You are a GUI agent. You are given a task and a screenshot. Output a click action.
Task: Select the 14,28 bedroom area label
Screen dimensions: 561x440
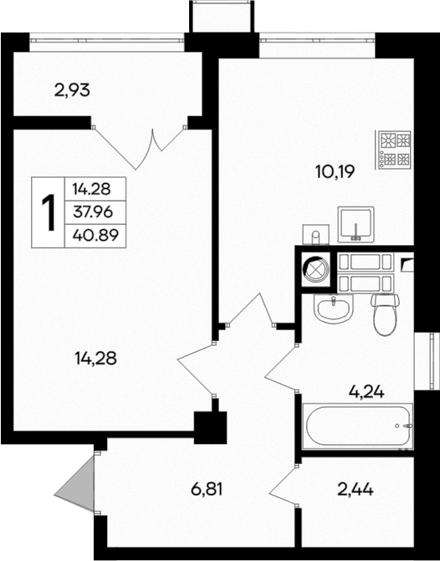tap(95, 359)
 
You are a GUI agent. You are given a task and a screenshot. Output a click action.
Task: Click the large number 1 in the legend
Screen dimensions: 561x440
tap(49, 213)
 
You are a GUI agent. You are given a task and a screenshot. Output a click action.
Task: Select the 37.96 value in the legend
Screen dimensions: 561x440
tap(92, 212)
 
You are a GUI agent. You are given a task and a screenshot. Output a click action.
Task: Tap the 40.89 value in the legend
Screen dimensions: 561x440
tap(92, 235)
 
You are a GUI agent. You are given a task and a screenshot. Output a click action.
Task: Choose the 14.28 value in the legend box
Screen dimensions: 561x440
tap(92, 190)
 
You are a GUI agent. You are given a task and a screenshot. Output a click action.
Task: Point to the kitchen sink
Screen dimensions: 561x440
tap(357, 224)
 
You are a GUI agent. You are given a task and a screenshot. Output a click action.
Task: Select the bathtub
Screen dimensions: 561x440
tap(358, 426)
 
